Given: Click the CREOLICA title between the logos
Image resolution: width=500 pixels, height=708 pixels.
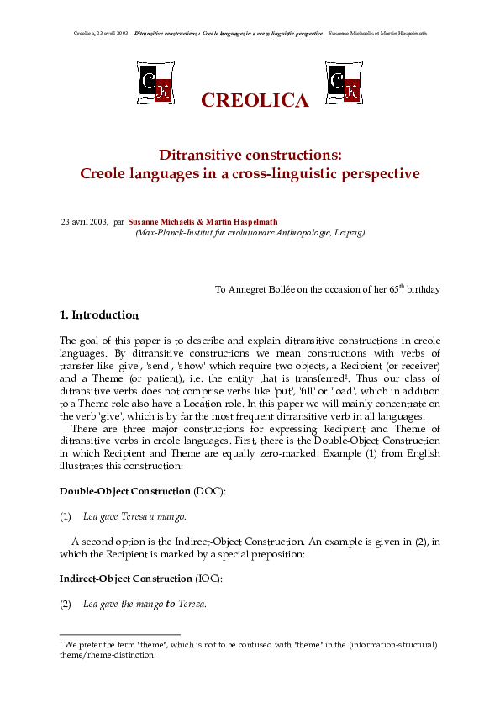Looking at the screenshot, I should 255,101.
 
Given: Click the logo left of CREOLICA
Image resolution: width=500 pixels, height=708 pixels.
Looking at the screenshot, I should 155,82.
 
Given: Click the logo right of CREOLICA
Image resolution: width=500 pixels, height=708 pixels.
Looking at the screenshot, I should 343,82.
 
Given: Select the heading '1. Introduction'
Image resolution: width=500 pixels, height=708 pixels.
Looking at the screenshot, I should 98,315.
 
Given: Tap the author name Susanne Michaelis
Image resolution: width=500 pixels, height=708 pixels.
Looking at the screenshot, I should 164,222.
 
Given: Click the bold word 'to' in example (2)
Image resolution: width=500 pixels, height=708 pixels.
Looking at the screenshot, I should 171,604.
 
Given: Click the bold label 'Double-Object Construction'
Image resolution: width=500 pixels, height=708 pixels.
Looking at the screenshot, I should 124,491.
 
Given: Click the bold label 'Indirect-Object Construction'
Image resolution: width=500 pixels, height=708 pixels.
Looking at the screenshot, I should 125,579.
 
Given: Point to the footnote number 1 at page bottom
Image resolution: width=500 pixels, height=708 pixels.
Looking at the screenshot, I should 61,642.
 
